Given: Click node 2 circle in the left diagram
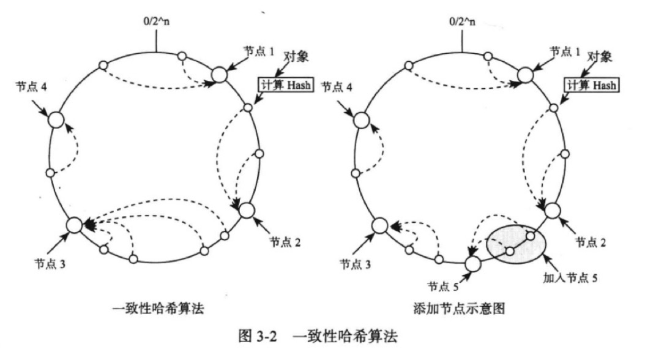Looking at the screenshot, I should click(x=246, y=210).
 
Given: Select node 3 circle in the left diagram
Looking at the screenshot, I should click(x=74, y=225).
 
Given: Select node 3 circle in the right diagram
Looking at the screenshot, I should click(x=379, y=225).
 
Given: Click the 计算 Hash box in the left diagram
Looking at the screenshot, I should click(x=285, y=86).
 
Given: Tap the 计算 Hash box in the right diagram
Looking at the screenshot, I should click(x=590, y=86).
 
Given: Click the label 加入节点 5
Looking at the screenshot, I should click(x=570, y=276).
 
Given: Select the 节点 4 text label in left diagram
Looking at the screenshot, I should click(x=32, y=87).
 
